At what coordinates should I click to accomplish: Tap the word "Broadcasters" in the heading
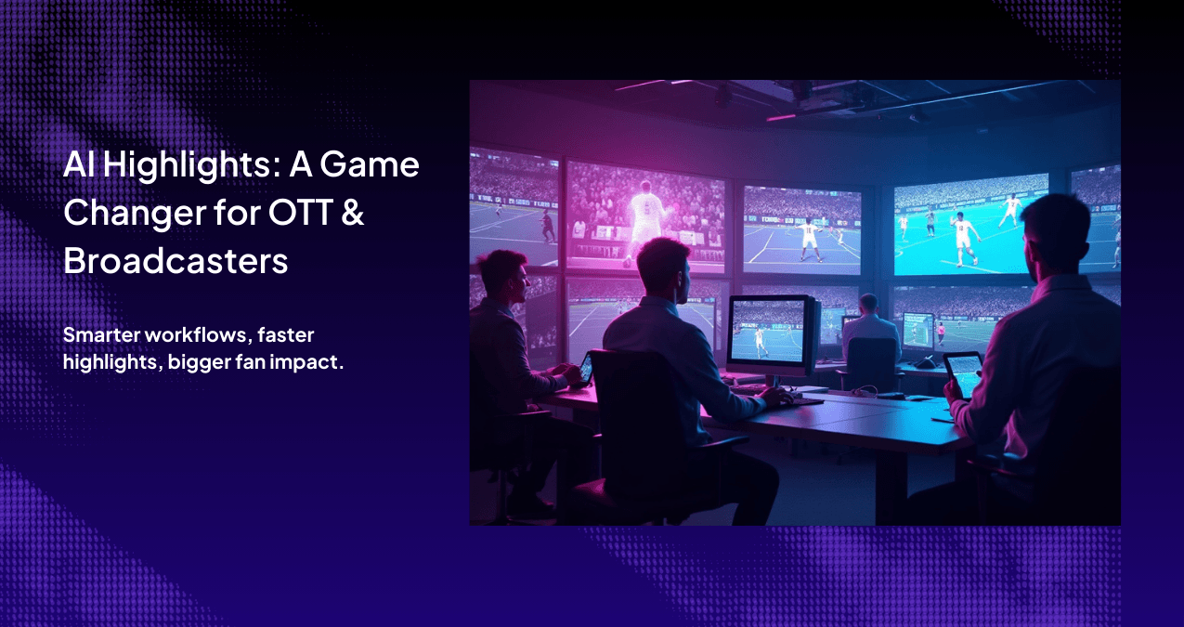click(176, 261)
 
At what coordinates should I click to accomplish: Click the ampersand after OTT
click(353, 214)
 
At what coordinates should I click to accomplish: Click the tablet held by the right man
click(963, 373)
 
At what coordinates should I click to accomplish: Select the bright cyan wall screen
click(970, 225)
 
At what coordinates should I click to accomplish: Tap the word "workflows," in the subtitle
click(195, 334)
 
